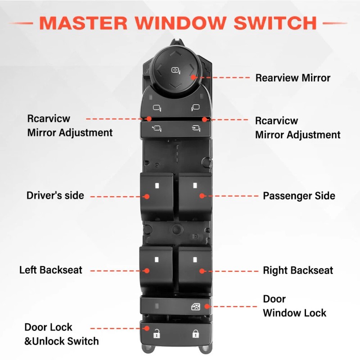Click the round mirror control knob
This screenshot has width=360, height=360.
(x=176, y=70)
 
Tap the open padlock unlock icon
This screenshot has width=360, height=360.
(x=157, y=333)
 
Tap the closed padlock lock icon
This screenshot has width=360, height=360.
(x=196, y=333)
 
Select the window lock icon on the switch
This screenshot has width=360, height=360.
(x=196, y=306)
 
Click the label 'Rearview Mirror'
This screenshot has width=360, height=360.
(x=293, y=78)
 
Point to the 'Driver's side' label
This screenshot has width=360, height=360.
(x=55, y=195)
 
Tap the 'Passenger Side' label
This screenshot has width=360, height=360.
(x=299, y=196)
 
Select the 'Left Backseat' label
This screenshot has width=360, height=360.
(x=50, y=270)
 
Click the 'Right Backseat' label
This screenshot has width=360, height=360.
(x=298, y=270)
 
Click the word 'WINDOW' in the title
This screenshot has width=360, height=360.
(x=181, y=23)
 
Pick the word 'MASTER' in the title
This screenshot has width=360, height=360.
(x=83, y=23)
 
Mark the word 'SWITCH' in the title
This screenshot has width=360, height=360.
(x=275, y=23)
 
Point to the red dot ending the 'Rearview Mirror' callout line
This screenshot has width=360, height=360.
(x=193, y=77)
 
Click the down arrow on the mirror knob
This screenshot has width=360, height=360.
(x=175, y=86)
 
